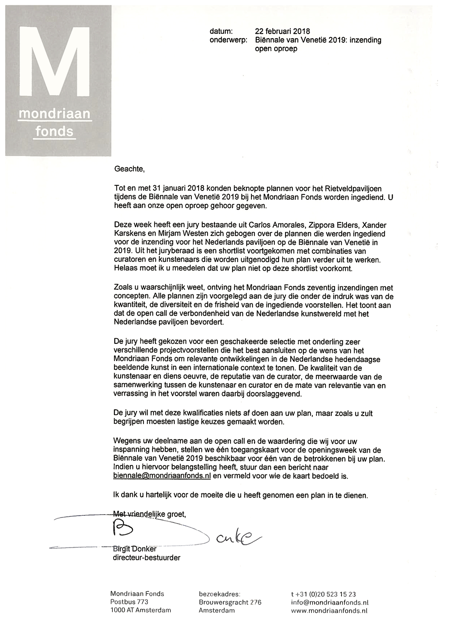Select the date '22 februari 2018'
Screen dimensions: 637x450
(282, 31)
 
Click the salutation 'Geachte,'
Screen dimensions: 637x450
(129, 169)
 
